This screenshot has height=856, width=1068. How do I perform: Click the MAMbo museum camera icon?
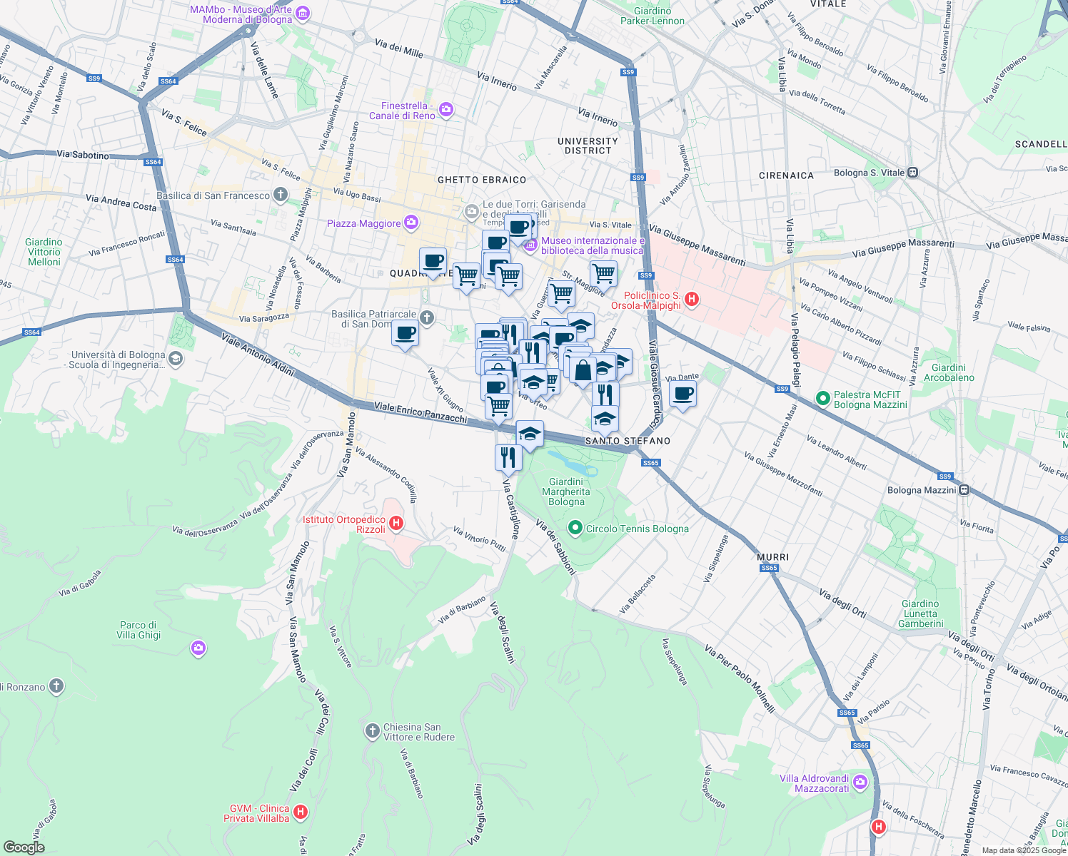click(x=303, y=14)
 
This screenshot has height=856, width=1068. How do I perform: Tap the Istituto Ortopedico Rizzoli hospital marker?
click(x=396, y=524)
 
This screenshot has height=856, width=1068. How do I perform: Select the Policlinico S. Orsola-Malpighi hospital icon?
click(x=691, y=300)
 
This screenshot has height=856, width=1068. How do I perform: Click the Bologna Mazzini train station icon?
click(x=964, y=490)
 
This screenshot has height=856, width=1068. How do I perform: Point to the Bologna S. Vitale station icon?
click(x=913, y=173)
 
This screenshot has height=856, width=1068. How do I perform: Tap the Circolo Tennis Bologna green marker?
click(x=575, y=529)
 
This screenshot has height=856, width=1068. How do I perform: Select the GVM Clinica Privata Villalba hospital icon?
click(x=301, y=812)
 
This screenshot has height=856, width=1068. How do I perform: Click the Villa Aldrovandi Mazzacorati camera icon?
click(x=860, y=783)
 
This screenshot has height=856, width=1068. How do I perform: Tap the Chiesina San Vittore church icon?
click(x=371, y=731)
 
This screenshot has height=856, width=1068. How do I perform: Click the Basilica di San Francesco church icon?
click(x=281, y=195)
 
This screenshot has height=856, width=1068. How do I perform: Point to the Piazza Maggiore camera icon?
click(x=410, y=223)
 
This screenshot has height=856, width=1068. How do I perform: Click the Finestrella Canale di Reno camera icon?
click(x=446, y=110)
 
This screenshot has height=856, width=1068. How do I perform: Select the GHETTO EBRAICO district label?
click(x=482, y=180)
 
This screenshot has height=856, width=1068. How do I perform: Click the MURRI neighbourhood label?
click(x=772, y=557)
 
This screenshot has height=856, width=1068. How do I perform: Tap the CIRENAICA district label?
click(x=786, y=175)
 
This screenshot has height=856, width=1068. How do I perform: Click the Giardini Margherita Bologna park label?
click(x=566, y=491)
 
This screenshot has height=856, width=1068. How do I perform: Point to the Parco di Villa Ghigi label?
click(x=138, y=630)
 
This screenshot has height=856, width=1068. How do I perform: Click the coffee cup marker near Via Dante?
click(x=683, y=394)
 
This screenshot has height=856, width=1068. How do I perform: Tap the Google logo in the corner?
click(x=24, y=847)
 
